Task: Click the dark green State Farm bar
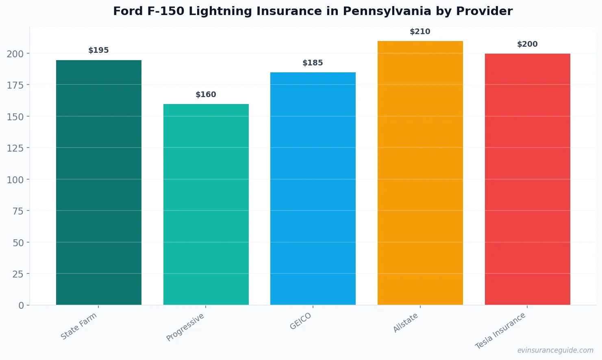click(x=99, y=182)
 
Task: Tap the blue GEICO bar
click(x=313, y=189)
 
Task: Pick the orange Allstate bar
click(x=420, y=173)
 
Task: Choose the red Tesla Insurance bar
click(x=527, y=179)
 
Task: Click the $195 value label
click(x=99, y=50)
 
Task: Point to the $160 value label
click(x=206, y=95)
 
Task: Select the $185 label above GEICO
click(x=313, y=63)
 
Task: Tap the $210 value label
click(x=420, y=32)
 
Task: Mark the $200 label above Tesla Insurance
click(x=527, y=44)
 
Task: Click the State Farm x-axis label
click(x=79, y=326)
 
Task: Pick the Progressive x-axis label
click(x=185, y=327)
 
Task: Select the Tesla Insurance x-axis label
click(x=500, y=331)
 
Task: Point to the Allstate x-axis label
click(x=405, y=323)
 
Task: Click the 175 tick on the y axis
click(x=15, y=85)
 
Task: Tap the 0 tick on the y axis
click(x=21, y=306)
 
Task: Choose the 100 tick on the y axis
click(x=15, y=180)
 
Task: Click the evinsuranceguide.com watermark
click(x=555, y=350)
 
